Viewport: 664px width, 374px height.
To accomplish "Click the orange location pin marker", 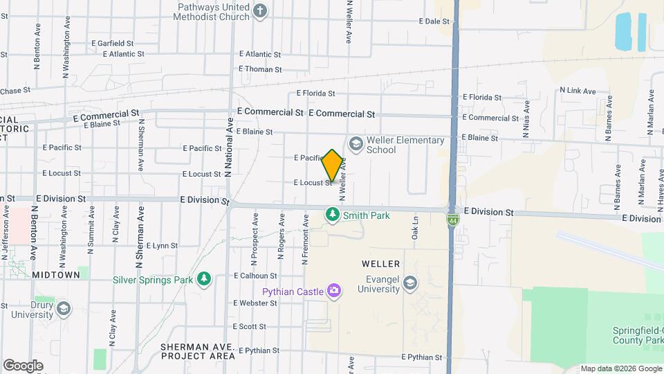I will coord(332,166).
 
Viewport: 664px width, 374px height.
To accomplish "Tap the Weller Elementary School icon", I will coord(356,144).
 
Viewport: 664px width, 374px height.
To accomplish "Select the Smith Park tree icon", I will coord(333,215).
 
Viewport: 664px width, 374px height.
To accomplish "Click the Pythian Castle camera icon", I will coord(334,292).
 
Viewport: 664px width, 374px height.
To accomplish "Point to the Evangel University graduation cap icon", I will coord(410,283).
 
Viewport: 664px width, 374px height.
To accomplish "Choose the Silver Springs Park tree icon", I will coord(204,279).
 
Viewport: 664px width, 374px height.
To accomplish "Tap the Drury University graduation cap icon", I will coord(64,308).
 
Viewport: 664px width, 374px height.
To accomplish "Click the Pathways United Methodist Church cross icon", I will coord(260,10).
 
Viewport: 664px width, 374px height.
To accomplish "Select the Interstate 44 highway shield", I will coord(450,220).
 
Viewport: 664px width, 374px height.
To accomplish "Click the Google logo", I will coord(23,365).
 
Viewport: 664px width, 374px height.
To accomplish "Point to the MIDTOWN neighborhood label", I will coord(56,275).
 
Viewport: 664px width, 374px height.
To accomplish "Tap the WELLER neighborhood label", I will coord(381,264).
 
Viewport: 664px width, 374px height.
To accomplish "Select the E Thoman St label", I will coord(260,69).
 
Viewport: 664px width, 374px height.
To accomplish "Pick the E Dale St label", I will coord(434,21).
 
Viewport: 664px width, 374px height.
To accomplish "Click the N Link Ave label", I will coord(578,91).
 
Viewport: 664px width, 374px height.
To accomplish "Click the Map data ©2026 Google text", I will coord(620,368).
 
